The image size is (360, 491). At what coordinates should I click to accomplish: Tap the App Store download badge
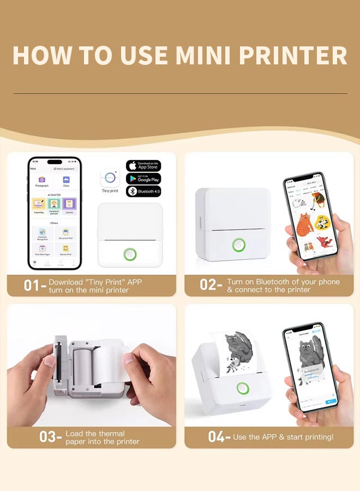143,166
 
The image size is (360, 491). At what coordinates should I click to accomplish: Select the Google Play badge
143,178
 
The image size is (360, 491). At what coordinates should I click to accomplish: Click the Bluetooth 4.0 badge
143,191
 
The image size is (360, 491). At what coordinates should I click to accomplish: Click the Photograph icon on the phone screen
42,180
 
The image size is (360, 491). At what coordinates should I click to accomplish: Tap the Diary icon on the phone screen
66,180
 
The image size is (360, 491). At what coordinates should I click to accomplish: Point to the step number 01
31,285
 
